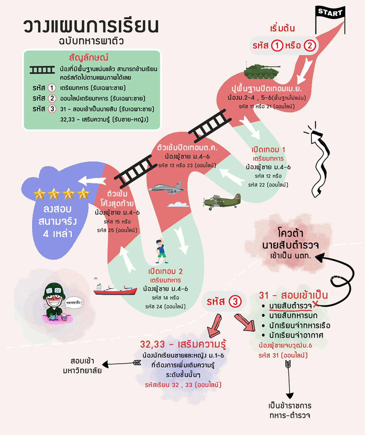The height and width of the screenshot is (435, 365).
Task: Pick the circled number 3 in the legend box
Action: [52, 109]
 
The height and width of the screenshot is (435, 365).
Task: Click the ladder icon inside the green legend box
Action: [42, 70]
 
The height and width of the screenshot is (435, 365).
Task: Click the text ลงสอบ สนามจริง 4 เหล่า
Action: [57, 221]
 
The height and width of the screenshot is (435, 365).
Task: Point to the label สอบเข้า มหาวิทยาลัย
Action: [82, 366]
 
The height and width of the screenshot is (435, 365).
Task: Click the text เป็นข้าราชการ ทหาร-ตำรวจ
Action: [290, 411]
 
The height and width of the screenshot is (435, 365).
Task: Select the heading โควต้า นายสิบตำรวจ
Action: [291, 239]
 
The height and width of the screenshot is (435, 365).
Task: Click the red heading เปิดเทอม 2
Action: [165, 271]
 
